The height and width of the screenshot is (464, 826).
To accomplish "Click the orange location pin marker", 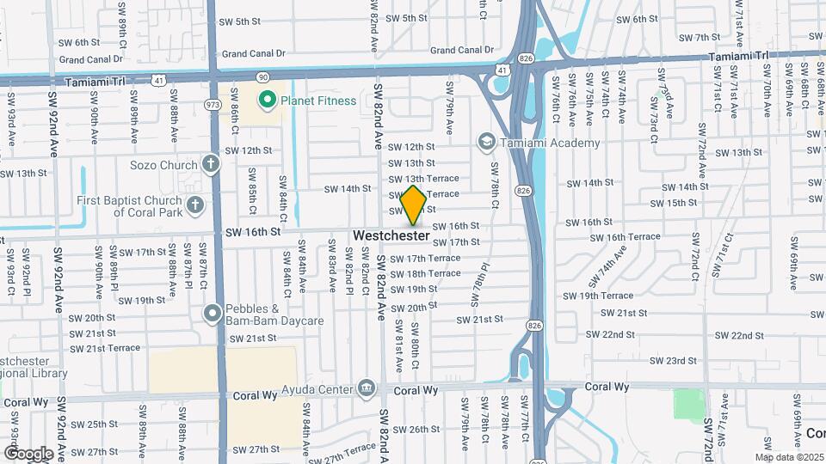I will (x=413, y=205).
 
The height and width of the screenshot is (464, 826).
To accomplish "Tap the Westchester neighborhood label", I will (x=391, y=235).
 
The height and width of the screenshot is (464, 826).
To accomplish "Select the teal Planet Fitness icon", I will (x=267, y=101).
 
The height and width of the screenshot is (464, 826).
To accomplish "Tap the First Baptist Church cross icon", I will (x=196, y=205).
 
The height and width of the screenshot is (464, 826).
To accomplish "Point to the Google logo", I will (x=28, y=453).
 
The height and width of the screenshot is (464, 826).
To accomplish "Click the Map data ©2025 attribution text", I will (x=789, y=457).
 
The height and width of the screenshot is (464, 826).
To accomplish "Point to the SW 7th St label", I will (x=699, y=37).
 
